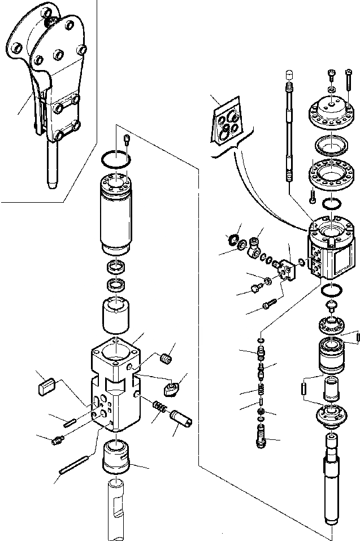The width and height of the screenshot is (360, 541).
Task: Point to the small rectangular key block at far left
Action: click(45, 386)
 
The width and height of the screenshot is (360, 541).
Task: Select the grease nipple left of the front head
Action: click(57, 439)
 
